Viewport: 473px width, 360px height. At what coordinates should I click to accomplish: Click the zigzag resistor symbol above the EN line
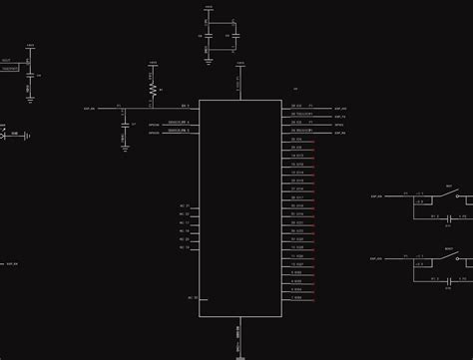152,88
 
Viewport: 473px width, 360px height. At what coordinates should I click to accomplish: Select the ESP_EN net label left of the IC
90,106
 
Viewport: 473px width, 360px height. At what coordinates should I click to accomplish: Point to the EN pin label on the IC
186,106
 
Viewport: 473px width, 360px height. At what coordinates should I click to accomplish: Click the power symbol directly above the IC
239,67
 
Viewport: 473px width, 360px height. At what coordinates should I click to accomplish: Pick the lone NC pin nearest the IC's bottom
187,297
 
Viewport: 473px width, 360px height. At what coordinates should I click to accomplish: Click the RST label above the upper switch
449,186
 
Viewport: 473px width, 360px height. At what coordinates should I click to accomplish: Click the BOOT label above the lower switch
450,247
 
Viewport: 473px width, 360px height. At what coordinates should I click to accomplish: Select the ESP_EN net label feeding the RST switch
376,196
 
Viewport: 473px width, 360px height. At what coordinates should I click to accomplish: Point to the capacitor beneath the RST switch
450,216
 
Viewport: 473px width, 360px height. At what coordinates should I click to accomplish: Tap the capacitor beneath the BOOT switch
450,279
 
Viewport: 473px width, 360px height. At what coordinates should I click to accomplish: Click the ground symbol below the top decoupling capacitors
208,57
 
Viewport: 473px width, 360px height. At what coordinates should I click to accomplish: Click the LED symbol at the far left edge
5,133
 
